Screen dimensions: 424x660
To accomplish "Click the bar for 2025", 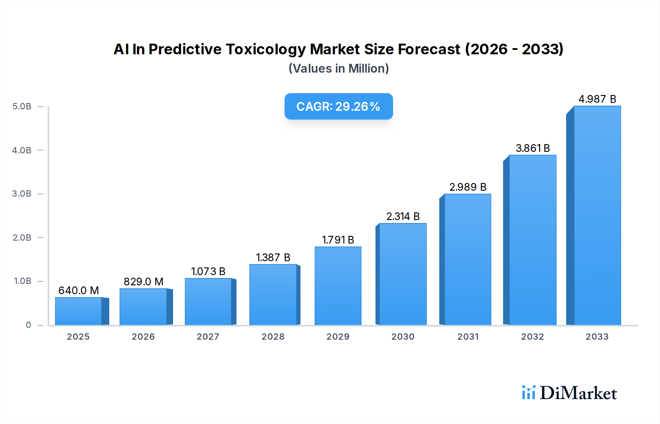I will [78, 311].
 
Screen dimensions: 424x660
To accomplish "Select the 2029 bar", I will [338, 286].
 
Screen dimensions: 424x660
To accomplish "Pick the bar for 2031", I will [467, 259].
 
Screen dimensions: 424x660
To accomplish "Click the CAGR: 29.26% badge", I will [338, 106].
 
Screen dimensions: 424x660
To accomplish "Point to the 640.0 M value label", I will [78, 290].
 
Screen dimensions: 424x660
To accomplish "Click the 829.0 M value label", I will [143, 282].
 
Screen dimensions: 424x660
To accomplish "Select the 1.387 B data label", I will [273, 257].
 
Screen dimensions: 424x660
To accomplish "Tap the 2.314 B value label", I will [403, 216].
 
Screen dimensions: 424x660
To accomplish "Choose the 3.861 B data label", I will [532, 148].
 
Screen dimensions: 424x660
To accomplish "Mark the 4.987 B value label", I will [597, 99].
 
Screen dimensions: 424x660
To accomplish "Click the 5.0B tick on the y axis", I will [22, 106].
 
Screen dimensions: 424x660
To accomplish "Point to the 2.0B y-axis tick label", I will [22, 238].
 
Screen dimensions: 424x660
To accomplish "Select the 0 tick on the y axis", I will [28, 325].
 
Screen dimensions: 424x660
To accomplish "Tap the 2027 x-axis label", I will [208, 337].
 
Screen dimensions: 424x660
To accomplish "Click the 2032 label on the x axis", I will [532, 337].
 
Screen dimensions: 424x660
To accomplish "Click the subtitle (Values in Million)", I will [338, 69].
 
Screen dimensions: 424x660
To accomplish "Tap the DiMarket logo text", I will [578, 393].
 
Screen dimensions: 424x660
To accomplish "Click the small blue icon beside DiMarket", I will [528, 392].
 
